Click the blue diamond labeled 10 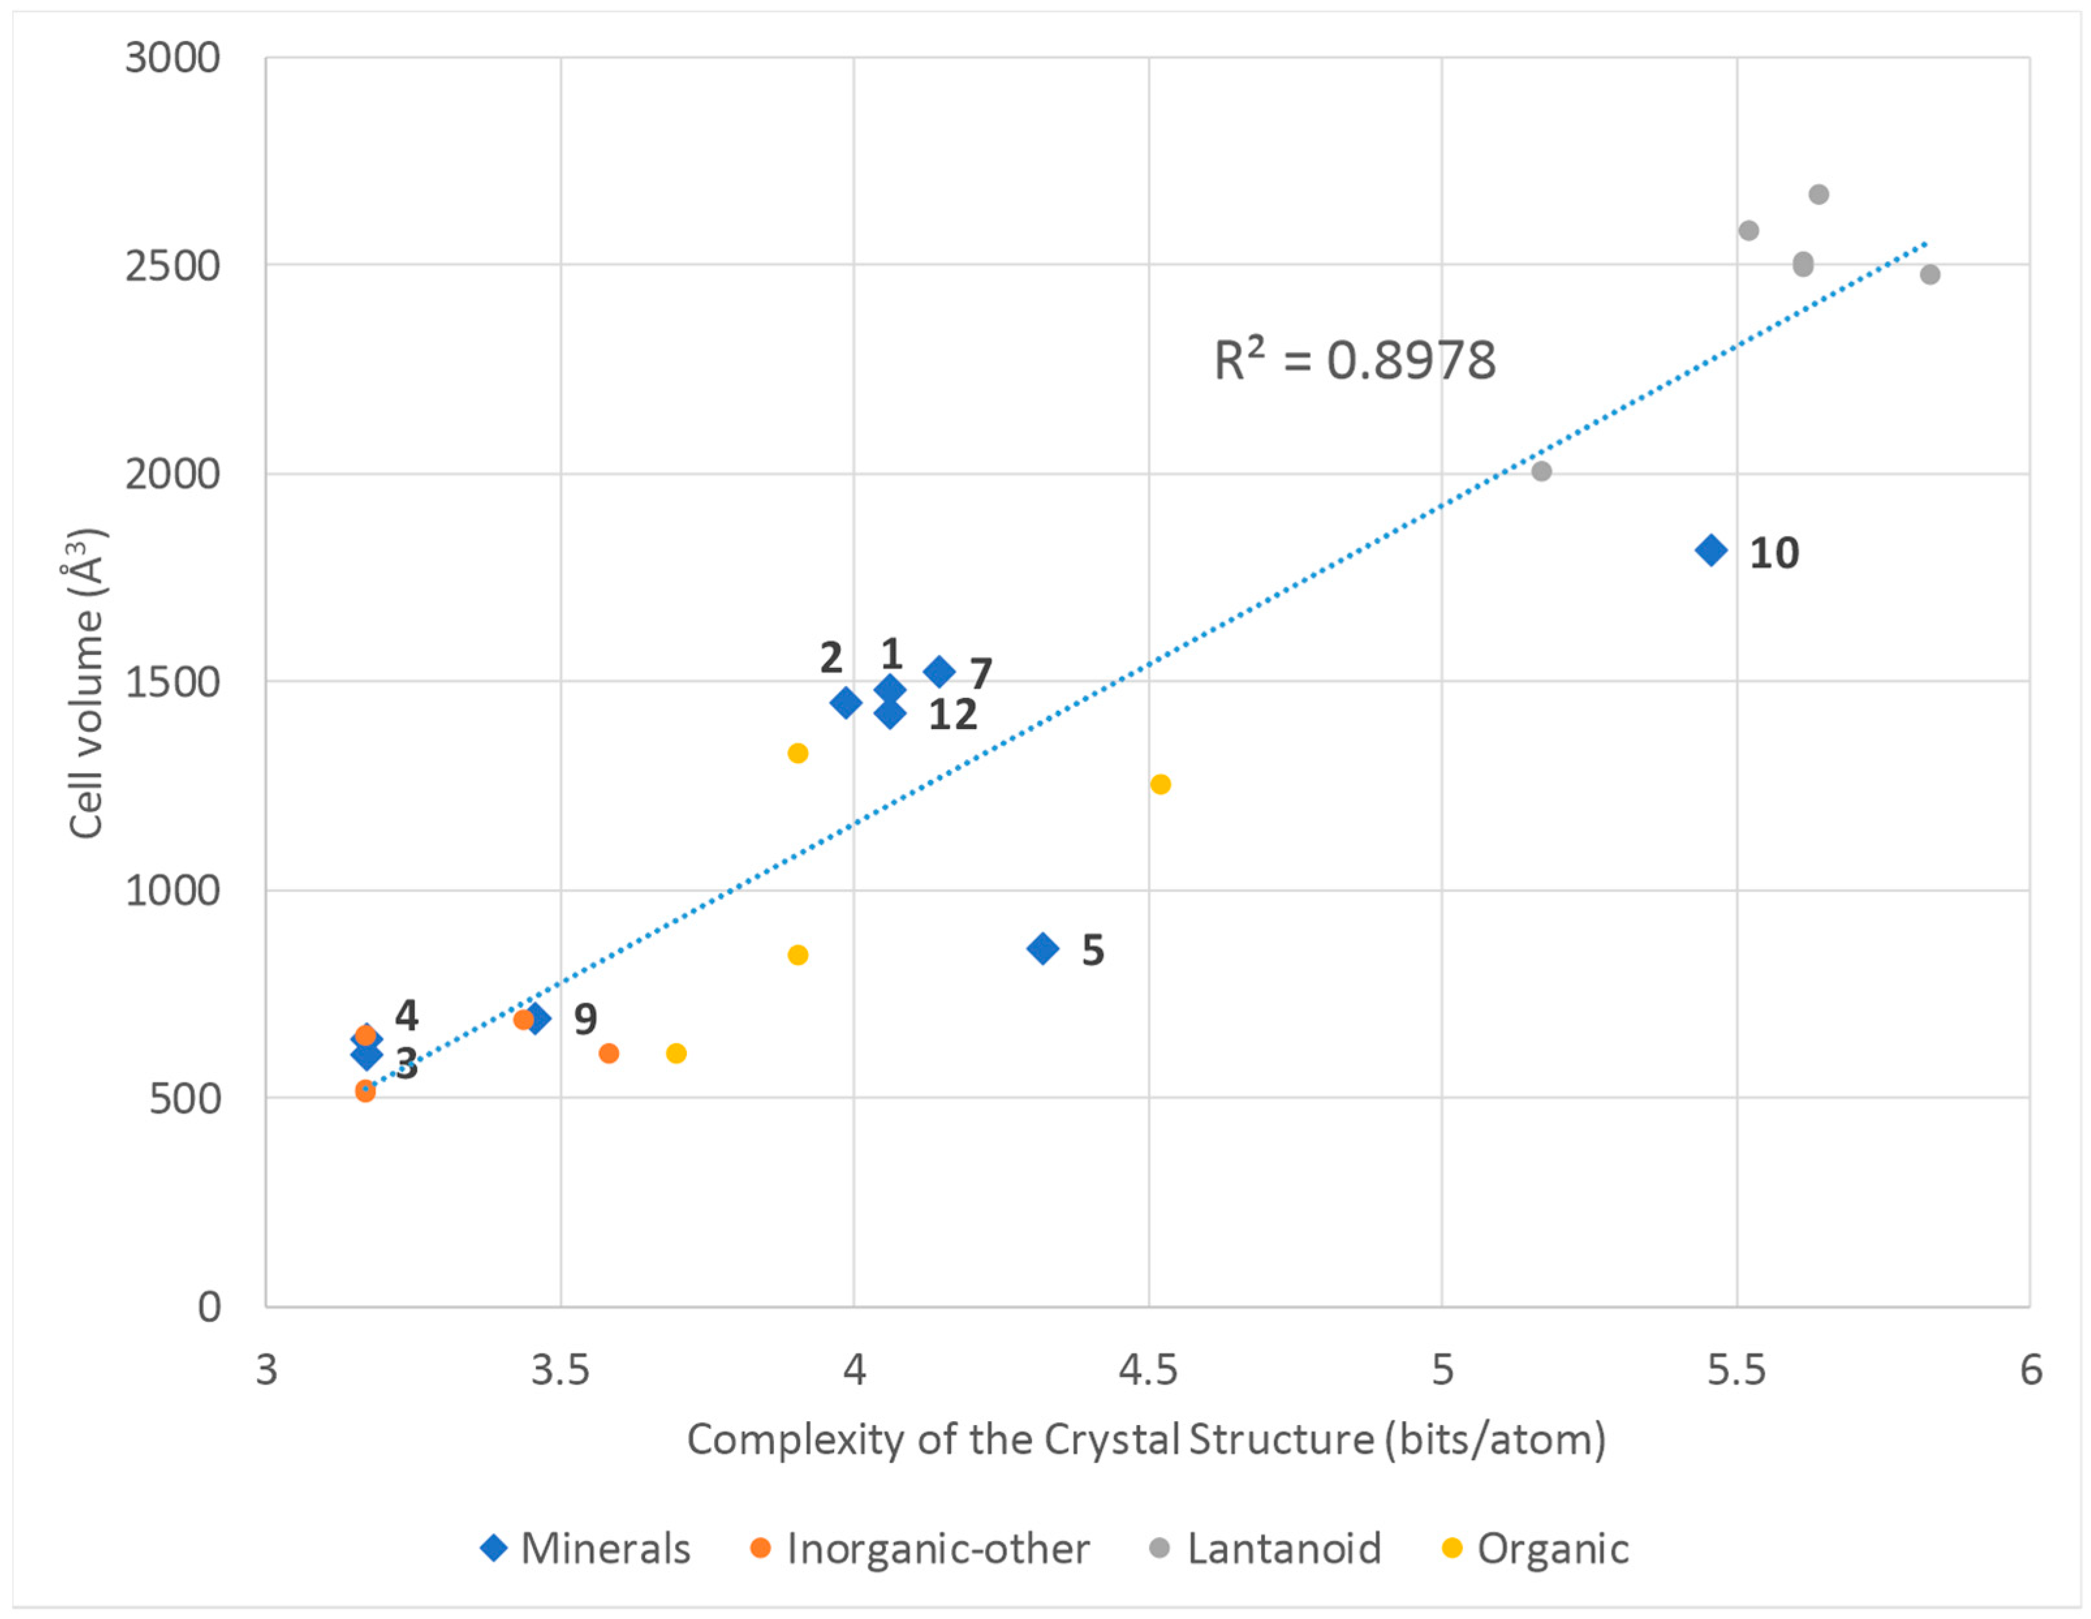(1711, 551)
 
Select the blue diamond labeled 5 (1043, 948)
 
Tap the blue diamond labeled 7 (939, 671)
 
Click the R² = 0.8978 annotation (1354, 361)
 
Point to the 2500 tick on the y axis (173, 266)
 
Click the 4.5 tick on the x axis (1148, 1370)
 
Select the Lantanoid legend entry (1265, 1548)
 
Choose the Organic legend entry (1535, 1548)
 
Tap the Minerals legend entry (586, 1548)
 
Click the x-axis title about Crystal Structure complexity (1146, 1439)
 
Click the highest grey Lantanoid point (1819, 195)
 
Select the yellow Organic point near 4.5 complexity (1160, 784)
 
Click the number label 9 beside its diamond (585, 1019)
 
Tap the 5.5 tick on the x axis (1736, 1370)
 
